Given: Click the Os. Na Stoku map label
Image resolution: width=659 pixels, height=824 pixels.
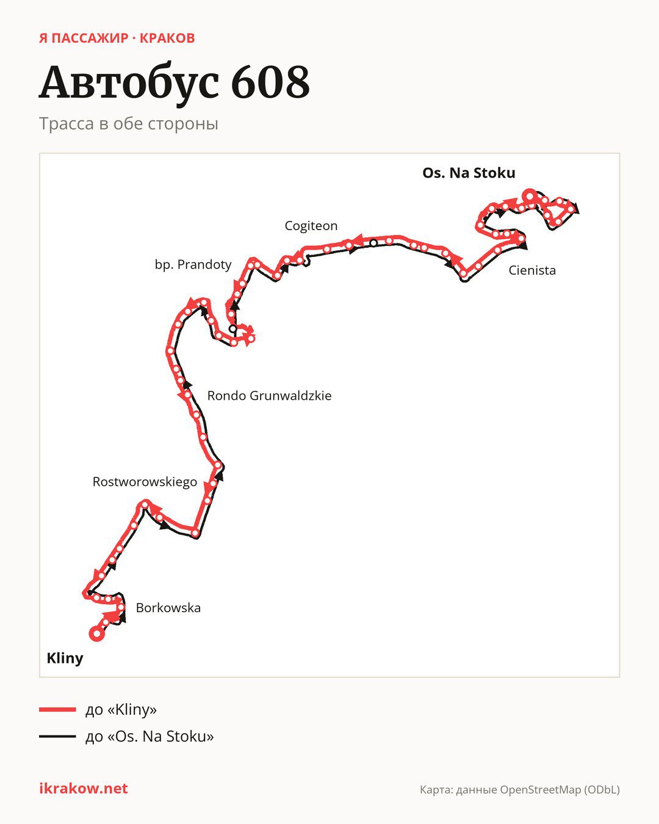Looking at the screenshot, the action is [x=469, y=173].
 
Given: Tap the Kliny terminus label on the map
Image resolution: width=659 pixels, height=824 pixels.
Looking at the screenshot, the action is [x=65, y=658].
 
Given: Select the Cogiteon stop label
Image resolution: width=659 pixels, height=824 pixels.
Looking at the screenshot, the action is [x=311, y=226].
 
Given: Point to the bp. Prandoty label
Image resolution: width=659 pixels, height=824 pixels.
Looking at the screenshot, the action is [x=193, y=264].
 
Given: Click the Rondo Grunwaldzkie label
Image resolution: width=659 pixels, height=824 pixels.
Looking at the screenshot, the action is [x=269, y=396].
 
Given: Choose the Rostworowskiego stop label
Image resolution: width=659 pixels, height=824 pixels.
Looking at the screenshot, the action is [x=145, y=482].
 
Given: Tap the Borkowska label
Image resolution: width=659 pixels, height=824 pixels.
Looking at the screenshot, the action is [x=168, y=608].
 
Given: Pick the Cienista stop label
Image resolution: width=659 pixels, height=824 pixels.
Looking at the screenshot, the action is [x=532, y=270].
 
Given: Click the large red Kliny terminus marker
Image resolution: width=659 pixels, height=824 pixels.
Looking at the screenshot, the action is [x=97, y=634].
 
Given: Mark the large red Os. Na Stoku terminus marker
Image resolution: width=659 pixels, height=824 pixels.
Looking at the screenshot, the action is [x=530, y=197].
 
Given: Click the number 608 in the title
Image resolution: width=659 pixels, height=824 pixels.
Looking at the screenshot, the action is [x=270, y=82].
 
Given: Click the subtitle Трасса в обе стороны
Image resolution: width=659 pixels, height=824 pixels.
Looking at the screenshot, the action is [x=129, y=124].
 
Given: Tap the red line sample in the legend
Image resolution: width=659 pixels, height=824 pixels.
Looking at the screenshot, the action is [x=57, y=709].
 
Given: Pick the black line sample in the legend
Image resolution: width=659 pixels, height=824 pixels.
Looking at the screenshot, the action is [x=57, y=736].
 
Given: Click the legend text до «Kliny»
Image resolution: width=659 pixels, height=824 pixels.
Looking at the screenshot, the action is [x=121, y=709].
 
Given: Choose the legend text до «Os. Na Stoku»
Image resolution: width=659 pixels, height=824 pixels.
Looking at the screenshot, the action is [x=149, y=736].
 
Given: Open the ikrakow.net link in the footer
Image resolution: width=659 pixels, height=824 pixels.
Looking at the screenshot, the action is [x=84, y=789].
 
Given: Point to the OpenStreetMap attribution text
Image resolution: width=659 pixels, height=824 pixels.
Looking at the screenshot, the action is [x=520, y=790].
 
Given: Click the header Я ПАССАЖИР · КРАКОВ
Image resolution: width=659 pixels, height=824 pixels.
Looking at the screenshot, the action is [x=117, y=38].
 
